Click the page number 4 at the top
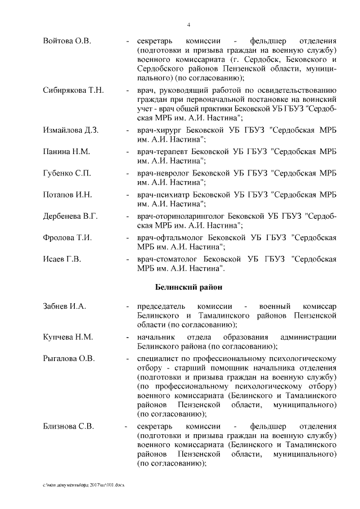188,24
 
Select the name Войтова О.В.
67,42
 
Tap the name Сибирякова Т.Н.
74,91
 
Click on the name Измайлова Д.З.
71,130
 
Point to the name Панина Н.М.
66,152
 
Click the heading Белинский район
188,287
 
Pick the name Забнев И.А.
64,307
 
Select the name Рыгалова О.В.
69,358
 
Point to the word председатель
163,307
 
